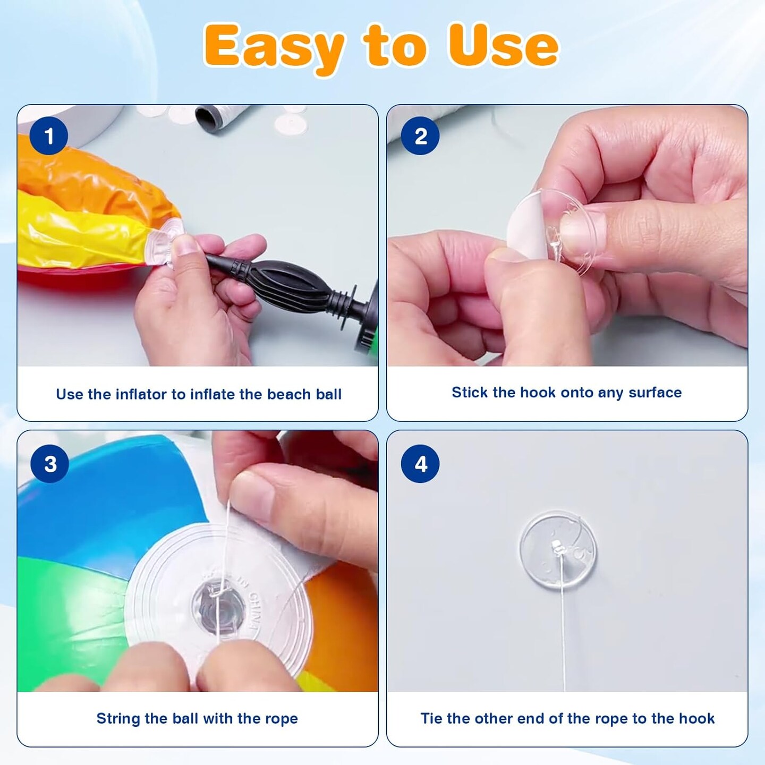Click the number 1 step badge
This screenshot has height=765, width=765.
tap(48, 136)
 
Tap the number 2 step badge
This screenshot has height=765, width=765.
tap(420, 136)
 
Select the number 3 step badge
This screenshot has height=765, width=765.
tap(49, 464)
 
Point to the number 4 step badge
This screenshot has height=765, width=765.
tap(420, 464)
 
